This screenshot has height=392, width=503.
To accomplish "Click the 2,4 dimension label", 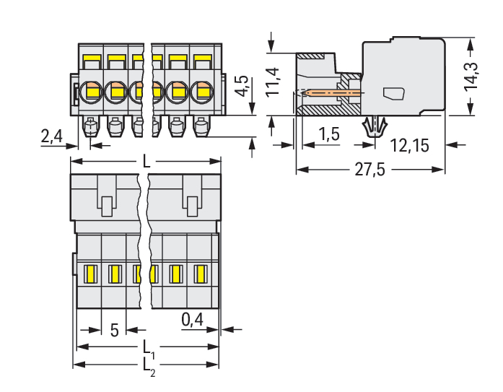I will [x=52, y=135].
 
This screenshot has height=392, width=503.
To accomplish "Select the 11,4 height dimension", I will [x=272, y=81].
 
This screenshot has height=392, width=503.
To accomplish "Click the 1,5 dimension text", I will [x=329, y=134].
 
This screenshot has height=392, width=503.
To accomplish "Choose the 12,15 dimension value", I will [x=409, y=146].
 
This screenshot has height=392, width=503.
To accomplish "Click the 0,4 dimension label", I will [x=192, y=318].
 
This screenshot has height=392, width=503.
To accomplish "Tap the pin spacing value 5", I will [x=115, y=331].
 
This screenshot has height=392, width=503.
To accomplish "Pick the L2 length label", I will [x=146, y=365].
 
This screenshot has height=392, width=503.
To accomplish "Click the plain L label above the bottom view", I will [x=146, y=162].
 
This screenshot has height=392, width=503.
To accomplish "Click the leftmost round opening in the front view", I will [x=91, y=92].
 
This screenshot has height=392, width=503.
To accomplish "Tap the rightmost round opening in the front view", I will [x=201, y=92].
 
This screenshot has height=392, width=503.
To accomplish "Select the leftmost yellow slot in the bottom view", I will [x=90, y=274].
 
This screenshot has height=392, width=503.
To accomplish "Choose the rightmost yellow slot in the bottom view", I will [x=201, y=274].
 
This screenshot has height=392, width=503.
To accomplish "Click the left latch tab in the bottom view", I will [x=106, y=205].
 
